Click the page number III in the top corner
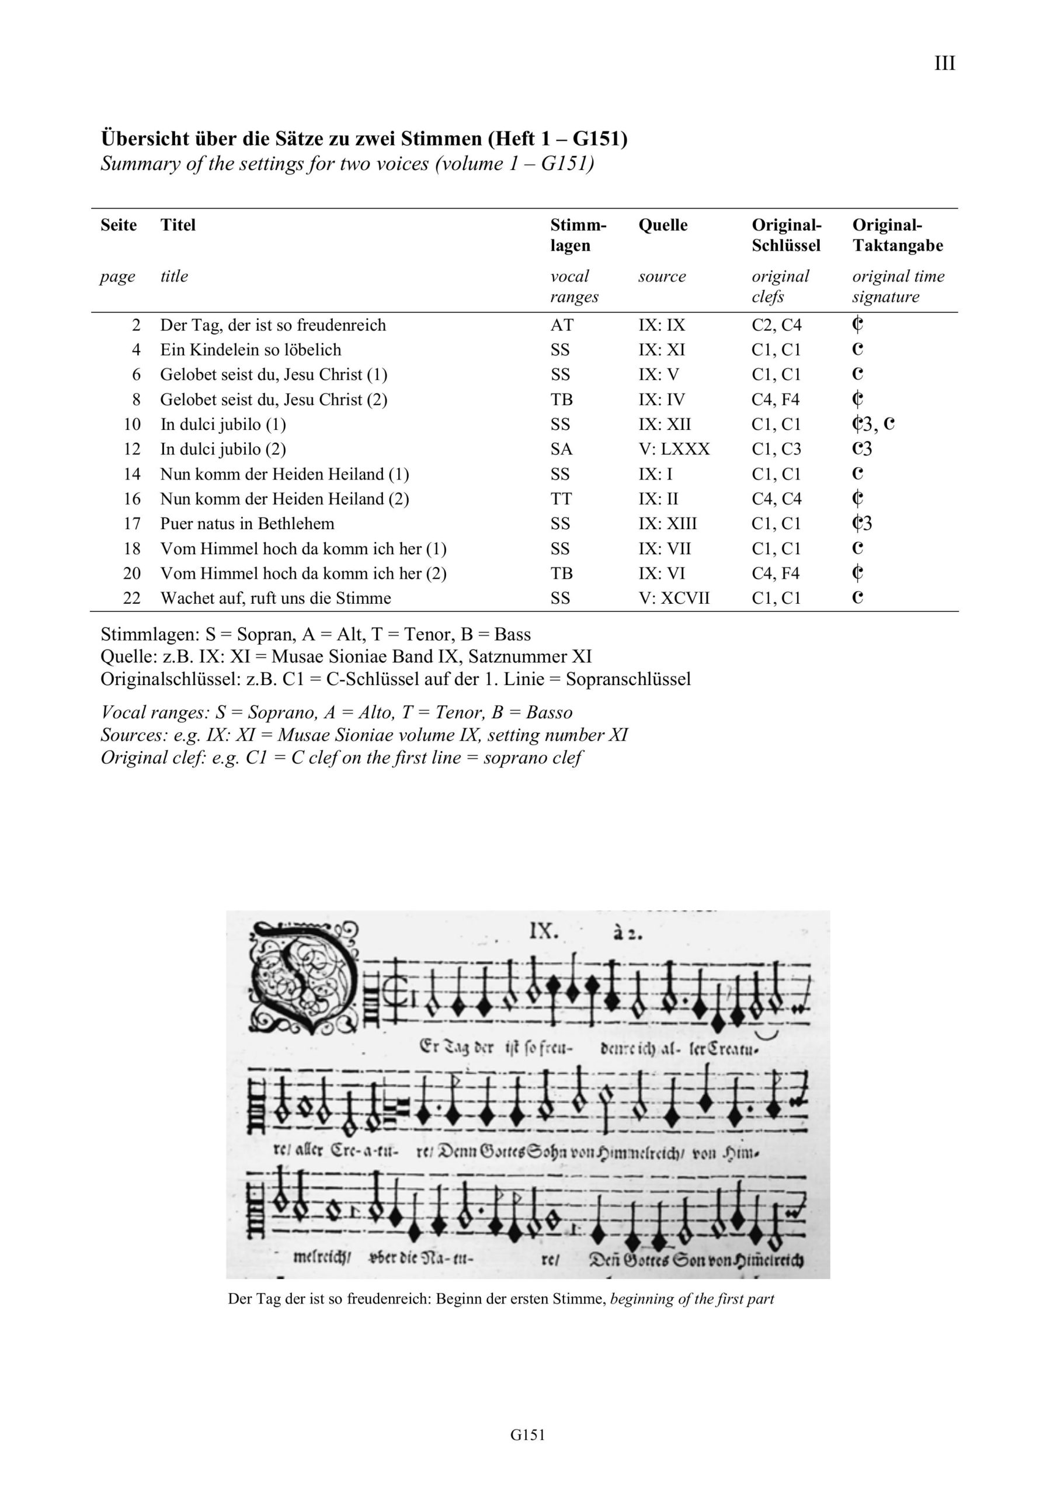click(x=944, y=64)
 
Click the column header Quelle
click(x=662, y=225)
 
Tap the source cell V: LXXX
click(x=673, y=449)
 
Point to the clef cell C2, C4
click(x=776, y=325)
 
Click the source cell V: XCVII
click(x=673, y=599)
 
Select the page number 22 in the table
click(x=131, y=599)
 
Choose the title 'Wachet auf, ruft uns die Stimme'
click(x=276, y=599)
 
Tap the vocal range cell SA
click(x=561, y=449)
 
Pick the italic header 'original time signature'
click(x=898, y=287)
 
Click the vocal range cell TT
click(x=561, y=499)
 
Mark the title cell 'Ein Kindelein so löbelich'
click(x=251, y=350)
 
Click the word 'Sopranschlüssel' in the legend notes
click(x=628, y=679)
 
